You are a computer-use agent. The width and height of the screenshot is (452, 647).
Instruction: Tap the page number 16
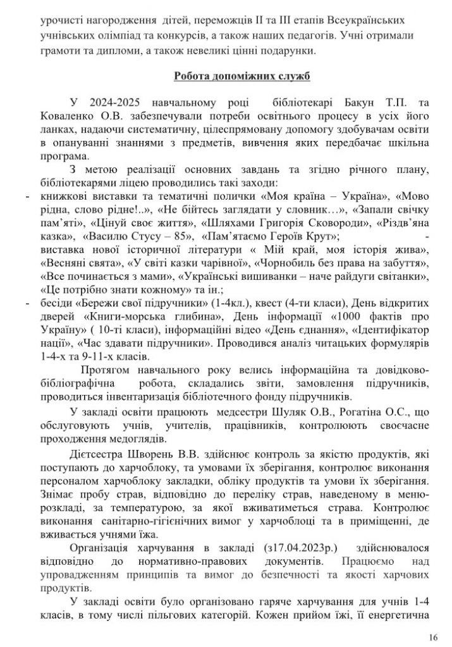click(x=432, y=636)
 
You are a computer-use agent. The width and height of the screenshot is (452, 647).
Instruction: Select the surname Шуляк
click(x=264, y=411)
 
